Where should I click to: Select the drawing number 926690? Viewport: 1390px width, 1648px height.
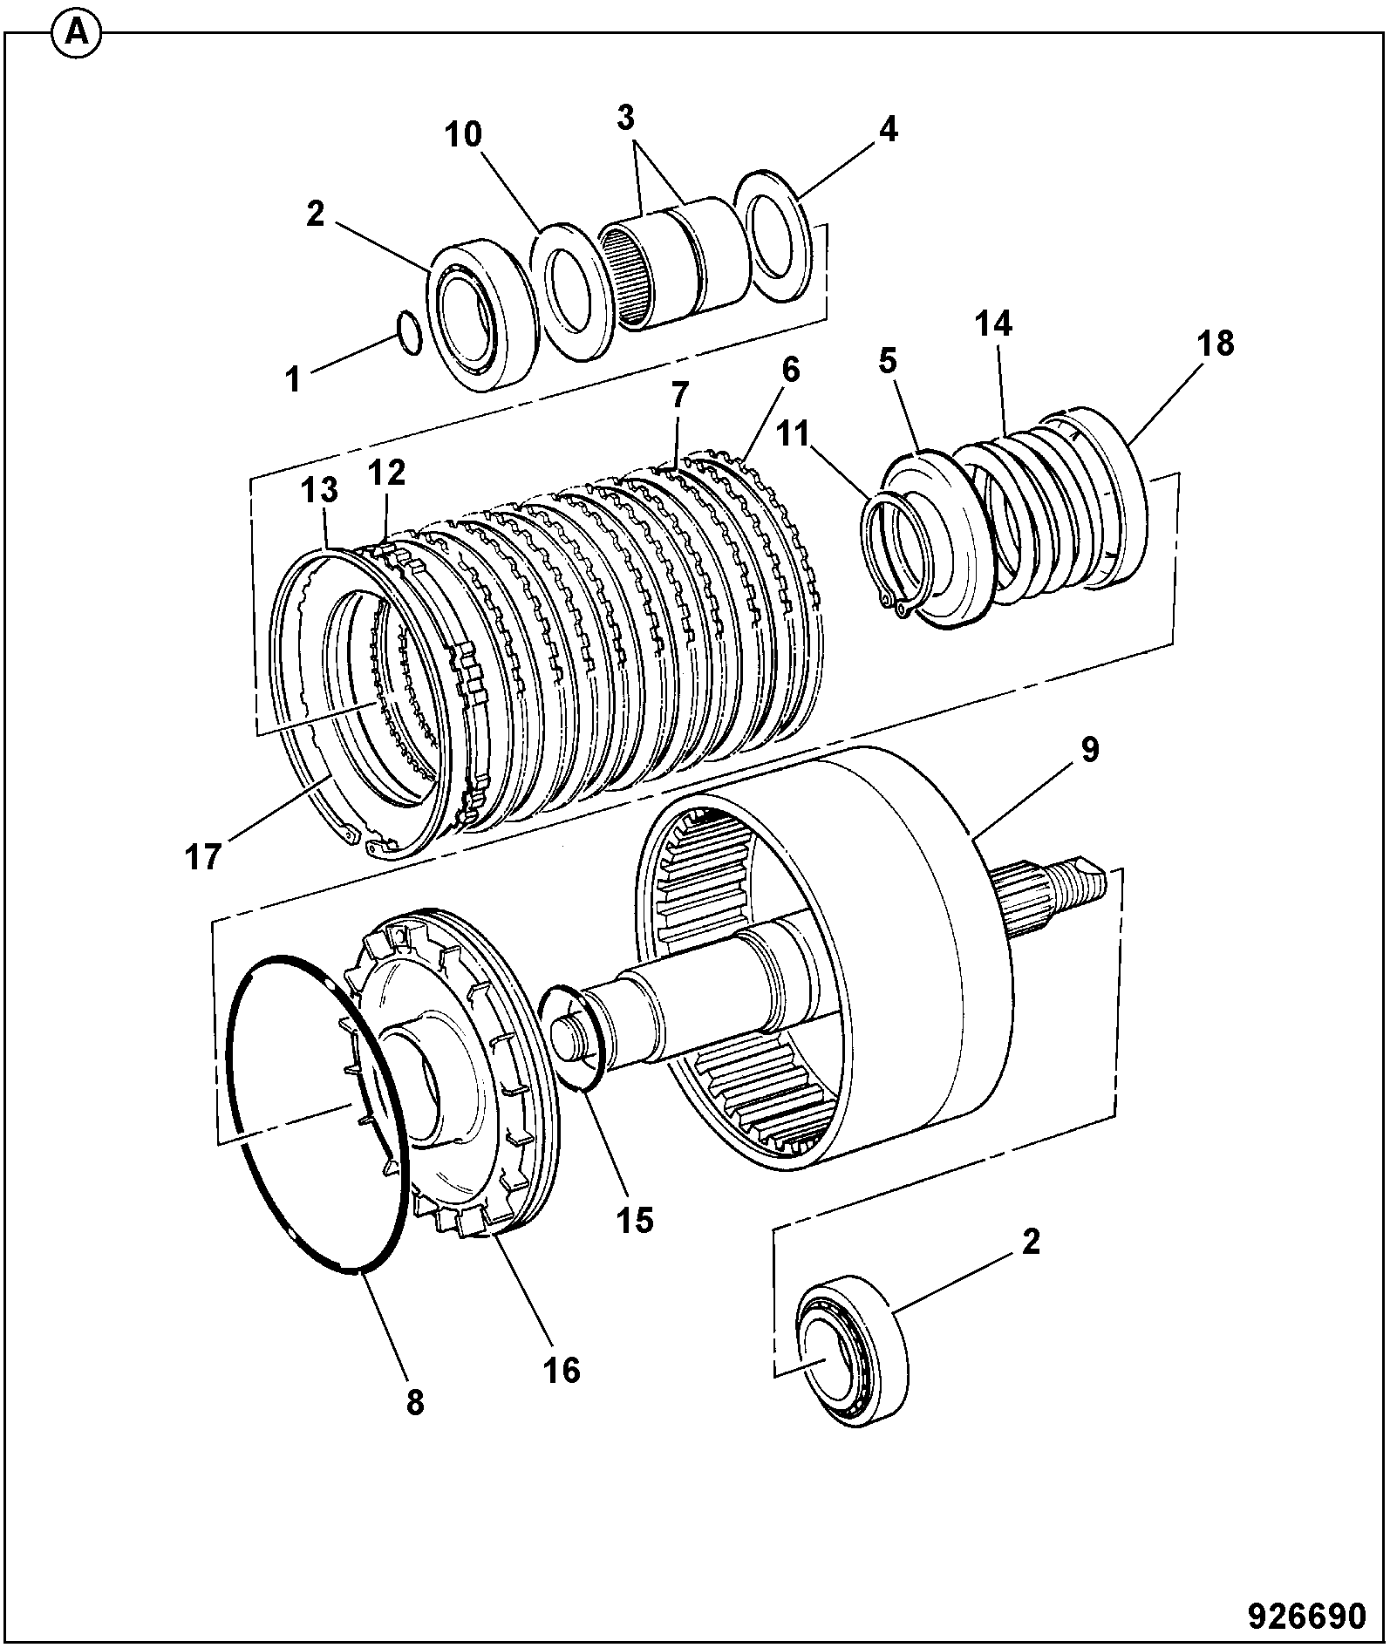(x=1307, y=1615)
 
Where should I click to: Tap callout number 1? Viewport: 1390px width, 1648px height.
(x=294, y=381)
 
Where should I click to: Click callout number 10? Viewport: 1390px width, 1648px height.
(x=463, y=134)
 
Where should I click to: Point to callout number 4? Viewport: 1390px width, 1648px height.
(x=888, y=130)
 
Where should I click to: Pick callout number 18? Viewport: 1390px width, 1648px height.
(x=1216, y=344)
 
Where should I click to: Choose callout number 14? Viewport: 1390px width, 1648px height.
(x=993, y=324)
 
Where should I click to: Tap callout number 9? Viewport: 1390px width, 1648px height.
(x=1090, y=750)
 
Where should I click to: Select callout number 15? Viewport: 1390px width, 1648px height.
(x=635, y=1221)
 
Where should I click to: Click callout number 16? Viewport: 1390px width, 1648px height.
(x=562, y=1371)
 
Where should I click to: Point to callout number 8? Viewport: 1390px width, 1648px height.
(x=414, y=1403)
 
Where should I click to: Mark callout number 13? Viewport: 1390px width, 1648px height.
(x=319, y=490)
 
